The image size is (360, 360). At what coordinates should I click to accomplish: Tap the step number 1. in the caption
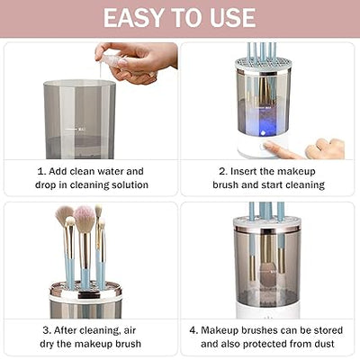coord(40,171)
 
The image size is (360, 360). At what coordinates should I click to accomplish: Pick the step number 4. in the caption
coord(193,329)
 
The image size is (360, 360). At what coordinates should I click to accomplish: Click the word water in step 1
coord(109,171)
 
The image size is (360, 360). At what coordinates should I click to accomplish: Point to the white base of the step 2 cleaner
coord(261,147)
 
